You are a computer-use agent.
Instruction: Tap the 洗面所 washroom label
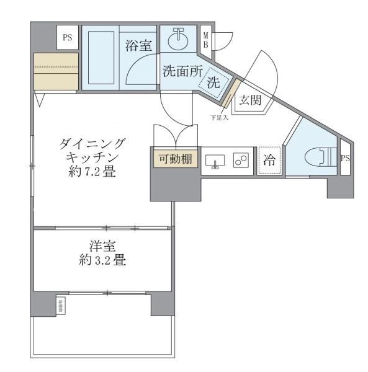(x=182, y=71)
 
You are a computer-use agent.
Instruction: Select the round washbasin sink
(x=179, y=40)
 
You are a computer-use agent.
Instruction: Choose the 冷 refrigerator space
(x=269, y=159)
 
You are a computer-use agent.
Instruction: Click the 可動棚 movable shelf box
(x=174, y=159)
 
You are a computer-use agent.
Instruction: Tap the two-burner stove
(x=241, y=160)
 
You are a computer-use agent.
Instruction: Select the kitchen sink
(x=215, y=160)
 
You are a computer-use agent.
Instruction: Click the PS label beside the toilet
(x=345, y=159)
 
